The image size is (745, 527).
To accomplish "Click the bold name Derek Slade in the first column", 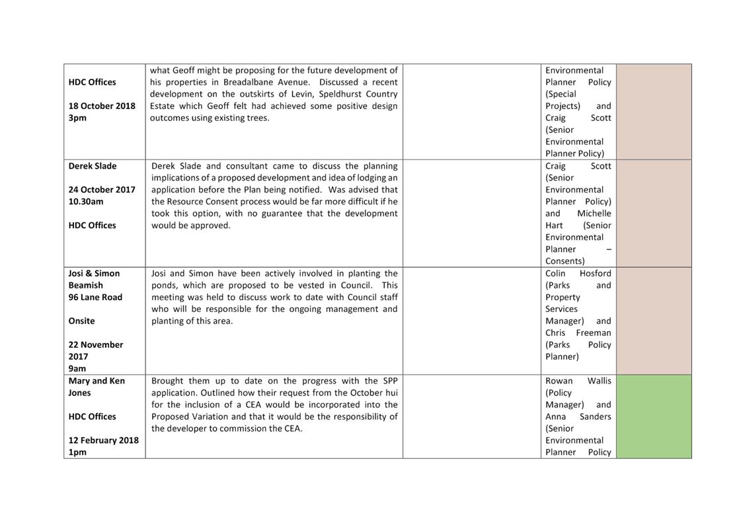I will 93,166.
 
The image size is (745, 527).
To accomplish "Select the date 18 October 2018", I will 102,106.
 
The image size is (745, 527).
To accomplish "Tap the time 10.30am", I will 86,202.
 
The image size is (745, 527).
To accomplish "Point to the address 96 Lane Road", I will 95,297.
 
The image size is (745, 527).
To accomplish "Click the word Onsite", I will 82,321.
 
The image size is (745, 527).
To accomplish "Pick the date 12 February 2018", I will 104,440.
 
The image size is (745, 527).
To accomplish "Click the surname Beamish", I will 86,285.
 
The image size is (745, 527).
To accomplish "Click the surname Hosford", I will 595,273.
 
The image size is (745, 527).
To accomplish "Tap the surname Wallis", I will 599,381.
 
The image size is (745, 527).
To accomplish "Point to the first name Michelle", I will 594,214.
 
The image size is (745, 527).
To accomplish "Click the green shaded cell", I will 653,417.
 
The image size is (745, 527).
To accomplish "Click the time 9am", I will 77,368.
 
